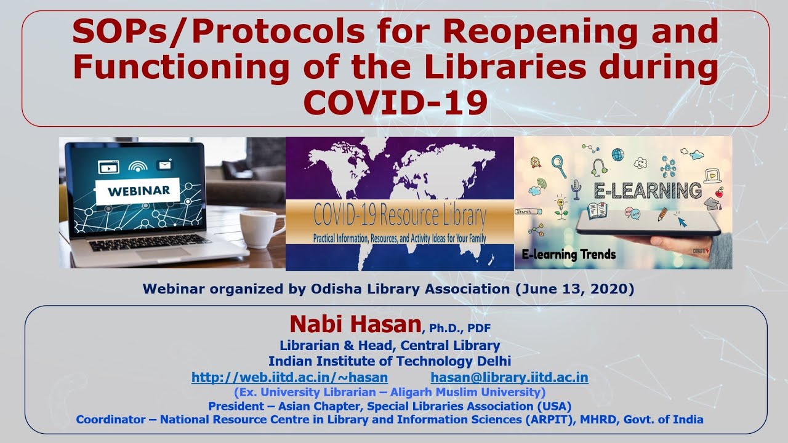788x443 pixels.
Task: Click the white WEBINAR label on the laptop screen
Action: click(139, 191)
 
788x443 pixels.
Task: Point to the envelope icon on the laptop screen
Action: click(165, 165)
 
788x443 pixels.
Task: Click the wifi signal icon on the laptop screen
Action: click(137, 166)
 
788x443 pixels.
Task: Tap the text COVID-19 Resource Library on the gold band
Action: click(400, 215)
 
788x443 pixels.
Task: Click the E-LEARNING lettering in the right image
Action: click(648, 191)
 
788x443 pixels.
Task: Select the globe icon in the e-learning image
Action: click(617, 154)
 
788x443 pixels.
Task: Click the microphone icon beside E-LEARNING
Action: click(576, 189)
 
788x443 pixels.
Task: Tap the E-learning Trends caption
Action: click(568, 255)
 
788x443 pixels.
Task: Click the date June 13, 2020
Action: click(575, 289)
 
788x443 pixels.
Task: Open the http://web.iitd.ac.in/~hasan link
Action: click(289, 377)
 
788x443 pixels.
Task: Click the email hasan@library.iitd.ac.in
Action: click(509, 377)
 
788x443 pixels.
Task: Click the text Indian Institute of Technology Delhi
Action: click(390, 361)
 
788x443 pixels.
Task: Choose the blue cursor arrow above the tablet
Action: click(682, 221)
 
